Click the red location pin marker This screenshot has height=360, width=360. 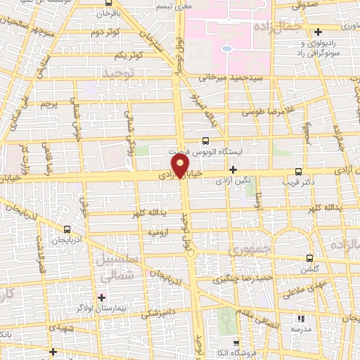[x=181, y=167]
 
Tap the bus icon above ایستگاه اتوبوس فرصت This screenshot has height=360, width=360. [x=205, y=141]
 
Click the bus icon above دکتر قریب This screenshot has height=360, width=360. [x=299, y=172]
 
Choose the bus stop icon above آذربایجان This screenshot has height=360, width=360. [x=67, y=229]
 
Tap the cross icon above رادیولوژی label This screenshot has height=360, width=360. [x=319, y=32]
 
